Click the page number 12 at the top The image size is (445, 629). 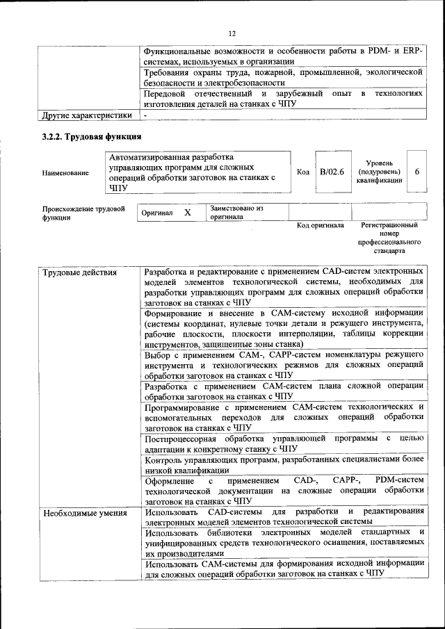232,33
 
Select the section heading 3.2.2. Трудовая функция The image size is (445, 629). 92,136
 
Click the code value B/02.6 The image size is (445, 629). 332,172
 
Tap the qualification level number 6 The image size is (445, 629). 416,172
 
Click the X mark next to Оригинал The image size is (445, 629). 187,212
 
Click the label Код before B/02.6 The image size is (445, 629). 302,172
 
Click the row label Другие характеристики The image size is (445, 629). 87,115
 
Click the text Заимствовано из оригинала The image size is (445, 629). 237,212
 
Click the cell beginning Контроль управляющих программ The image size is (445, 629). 284,465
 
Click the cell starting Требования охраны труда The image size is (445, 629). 284,76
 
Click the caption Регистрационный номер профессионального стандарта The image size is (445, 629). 389,238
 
